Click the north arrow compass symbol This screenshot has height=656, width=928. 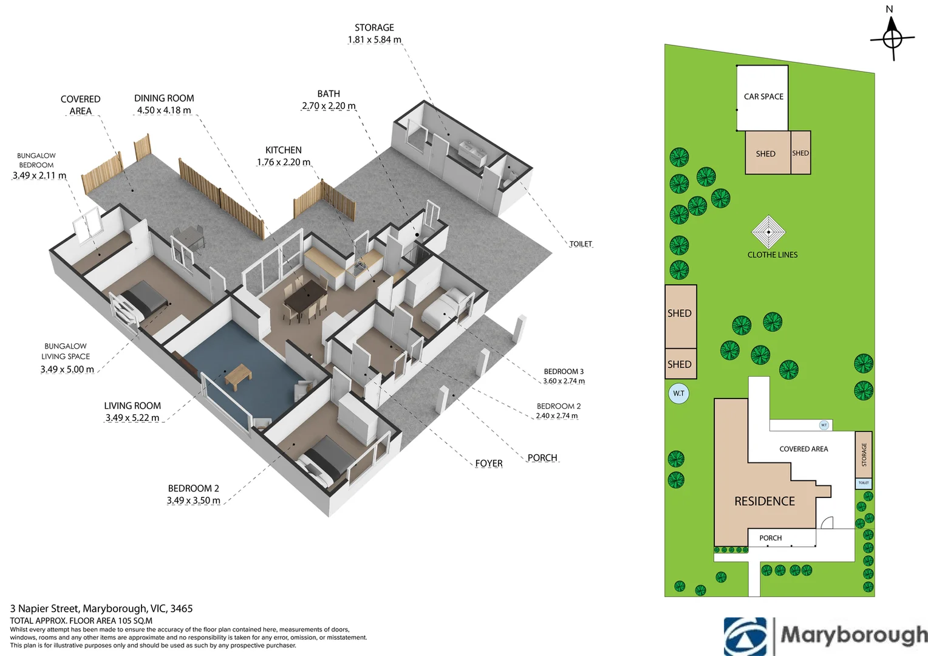tap(892, 38)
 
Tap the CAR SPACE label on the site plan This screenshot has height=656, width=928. tap(763, 97)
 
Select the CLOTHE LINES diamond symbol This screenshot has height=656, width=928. tap(768, 232)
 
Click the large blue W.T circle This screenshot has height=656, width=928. tap(678, 393)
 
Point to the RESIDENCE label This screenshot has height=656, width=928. tap(765, 502)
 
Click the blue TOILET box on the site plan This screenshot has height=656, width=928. tap(864, 483)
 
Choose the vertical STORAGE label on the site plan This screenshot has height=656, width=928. tap(864, 454)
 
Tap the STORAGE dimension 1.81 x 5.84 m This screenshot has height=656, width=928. tap(374, 39)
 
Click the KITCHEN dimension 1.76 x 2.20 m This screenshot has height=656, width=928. tap(284, 162)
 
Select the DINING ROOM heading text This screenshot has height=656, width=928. tap(164, 98)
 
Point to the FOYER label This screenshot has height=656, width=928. tap(489, 463)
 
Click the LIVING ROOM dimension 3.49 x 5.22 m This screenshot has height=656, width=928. tap(132, 418)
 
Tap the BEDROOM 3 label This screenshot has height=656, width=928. tap(564, 371)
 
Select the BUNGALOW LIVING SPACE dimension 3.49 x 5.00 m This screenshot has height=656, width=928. tap(67, 369)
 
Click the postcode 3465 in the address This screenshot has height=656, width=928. tap(182, 609)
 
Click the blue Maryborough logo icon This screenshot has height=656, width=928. tap(745, 637)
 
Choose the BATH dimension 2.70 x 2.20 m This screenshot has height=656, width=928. tap(329, 106)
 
